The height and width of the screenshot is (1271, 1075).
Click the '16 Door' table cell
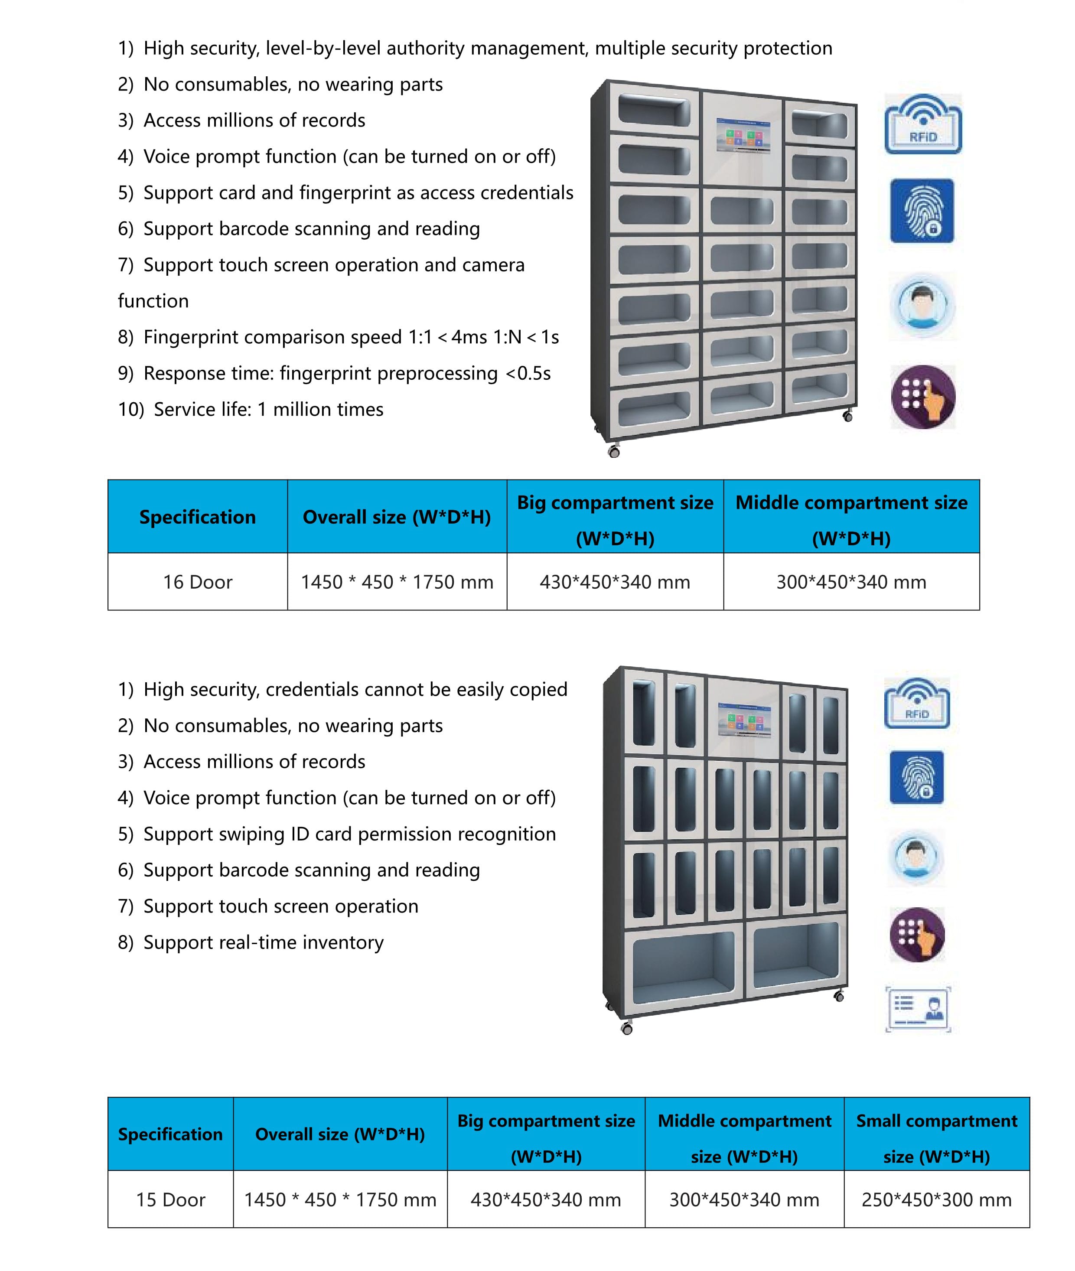(198, 582)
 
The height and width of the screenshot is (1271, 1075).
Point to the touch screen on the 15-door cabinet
(744, 721)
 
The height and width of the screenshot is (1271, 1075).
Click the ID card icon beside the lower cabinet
(918, 1008)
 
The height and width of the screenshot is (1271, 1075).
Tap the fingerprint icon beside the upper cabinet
(922, 211)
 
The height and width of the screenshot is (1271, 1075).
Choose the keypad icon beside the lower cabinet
(917, 934)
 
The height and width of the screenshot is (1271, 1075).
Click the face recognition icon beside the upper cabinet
(923, 305)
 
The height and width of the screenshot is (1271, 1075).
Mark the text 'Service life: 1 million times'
(269, 410)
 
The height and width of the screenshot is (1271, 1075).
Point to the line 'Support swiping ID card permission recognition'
(350, 834)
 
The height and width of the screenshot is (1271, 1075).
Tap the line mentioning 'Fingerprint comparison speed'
(351, 337)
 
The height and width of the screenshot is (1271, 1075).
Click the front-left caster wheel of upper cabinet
(614, 452)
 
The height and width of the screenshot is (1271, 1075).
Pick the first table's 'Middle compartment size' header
(851, 517)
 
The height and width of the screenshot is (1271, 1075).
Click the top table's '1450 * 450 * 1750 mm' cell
(397, 582)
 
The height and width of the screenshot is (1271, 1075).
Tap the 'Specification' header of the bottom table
(171, 1134)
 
